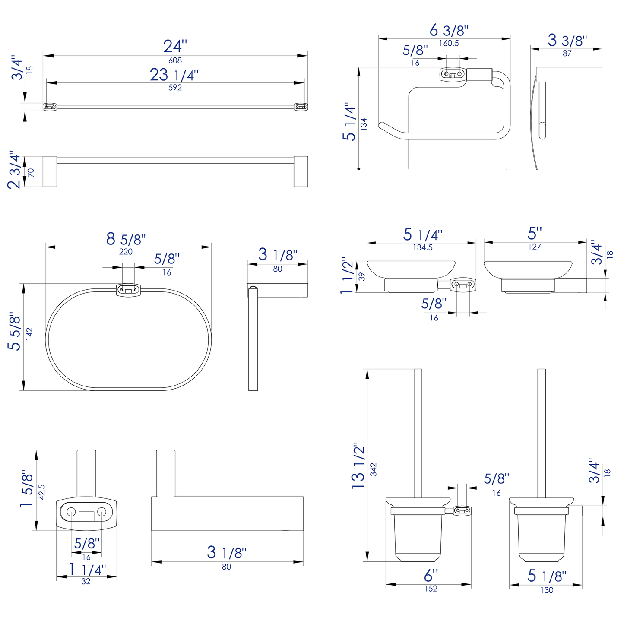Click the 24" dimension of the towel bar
(175, 46)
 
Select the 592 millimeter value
(175, 88)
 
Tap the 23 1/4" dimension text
(174, 75)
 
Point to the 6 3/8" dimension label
(449, 31)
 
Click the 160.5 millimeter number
(449, 43)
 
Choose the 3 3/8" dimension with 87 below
(567, 41)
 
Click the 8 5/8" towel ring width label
(126, 239)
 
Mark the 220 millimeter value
(126, 252)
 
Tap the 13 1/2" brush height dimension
(358, 466)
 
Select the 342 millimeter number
(374, 469)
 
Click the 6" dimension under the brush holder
(431, 576)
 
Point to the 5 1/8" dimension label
(546, 576)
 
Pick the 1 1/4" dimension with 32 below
(87, 570)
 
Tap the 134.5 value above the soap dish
(422, 247)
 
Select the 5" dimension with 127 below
(534, 234)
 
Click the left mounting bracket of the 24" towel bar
(50, 106)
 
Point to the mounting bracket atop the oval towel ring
(128, 289)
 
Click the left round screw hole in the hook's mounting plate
(71, 512)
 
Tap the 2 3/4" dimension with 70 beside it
(14, 170)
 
